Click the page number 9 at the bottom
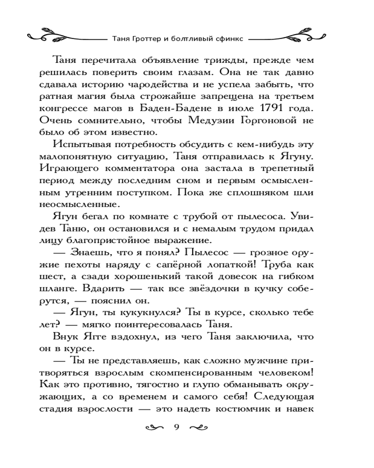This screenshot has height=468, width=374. (x=176, y=426)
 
